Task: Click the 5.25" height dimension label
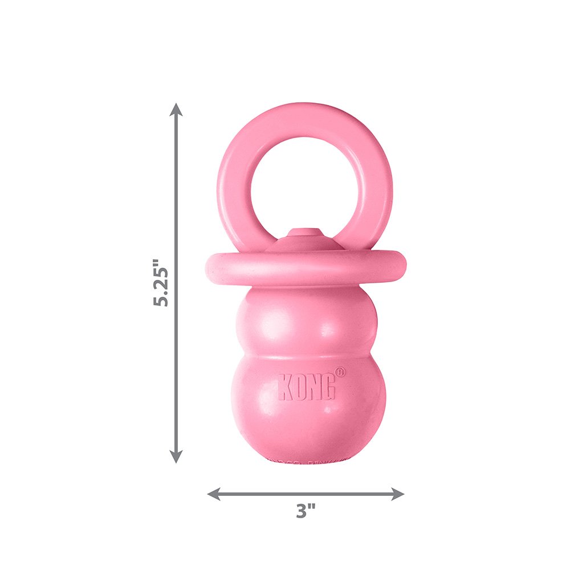(x=161, y=283)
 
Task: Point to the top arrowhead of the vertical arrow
(x=177, y=109)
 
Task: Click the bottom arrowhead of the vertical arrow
(x=177, y=456)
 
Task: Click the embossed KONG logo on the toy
(x=307, y=387)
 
